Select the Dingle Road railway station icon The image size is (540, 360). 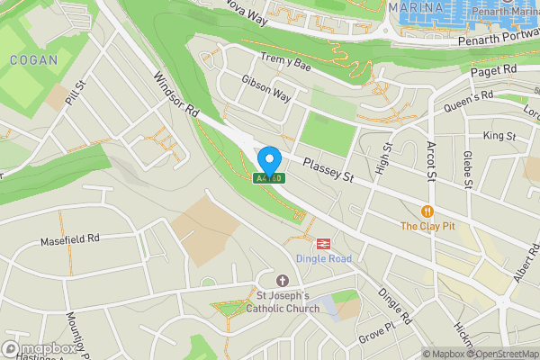(x=320, y=243)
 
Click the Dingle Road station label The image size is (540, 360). (x=321, y=259)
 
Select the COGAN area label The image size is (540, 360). (x=34, y=60)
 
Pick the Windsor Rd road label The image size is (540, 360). (x=176, y=95)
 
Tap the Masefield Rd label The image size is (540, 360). (x=69, y=240)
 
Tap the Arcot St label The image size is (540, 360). (x=430, y=160)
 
